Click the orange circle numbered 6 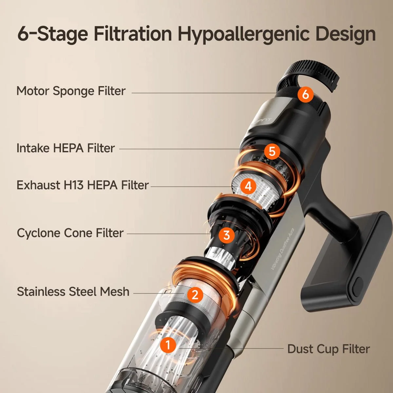[305, 94]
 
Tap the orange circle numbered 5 [272, 151]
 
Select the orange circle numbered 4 [248, 186]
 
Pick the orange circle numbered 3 [227, 235]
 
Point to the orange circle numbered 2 [195, 294]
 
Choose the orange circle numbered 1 [168, 345]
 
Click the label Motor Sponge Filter [71, 91]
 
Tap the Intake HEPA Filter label [65, 148]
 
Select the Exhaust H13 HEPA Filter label [83, 185]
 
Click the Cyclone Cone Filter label [70, 233]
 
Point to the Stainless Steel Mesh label [73, 291]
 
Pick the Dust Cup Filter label [328, 349]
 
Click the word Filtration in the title [133, 34]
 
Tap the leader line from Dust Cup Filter [232, 348]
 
